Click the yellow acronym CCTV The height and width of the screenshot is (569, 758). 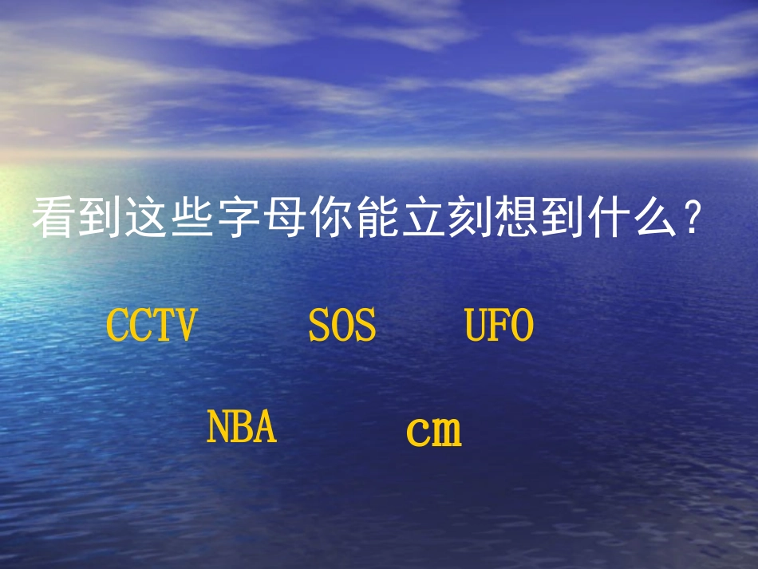[151, 326]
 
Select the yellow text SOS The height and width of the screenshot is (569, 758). [342, 326]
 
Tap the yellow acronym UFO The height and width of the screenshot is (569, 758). [499, 326]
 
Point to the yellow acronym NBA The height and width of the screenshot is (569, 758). [242, 427]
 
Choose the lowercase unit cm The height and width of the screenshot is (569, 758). [434, 431]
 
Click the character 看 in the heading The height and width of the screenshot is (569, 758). [53, 218]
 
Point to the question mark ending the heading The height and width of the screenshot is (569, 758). [693, 218]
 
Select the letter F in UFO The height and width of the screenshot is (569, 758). [499, 326]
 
